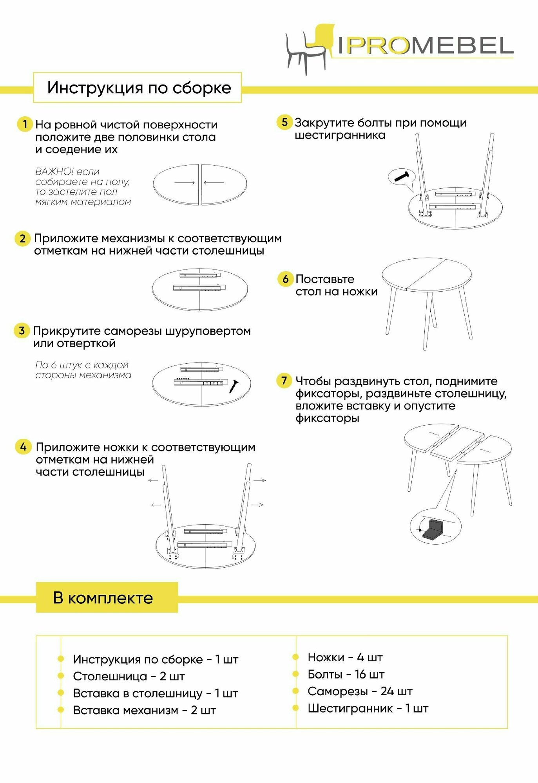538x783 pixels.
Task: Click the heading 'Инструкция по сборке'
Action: click(139, 88)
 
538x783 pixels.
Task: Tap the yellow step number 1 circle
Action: click(25, 124)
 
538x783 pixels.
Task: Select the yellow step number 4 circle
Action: click(23, 447)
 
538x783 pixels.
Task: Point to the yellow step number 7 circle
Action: click(284, 381)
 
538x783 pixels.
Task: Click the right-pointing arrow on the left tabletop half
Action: click(185, 183)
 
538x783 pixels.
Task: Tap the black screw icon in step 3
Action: click(234, 386)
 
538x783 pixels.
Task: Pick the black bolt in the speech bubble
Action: click(402, 176)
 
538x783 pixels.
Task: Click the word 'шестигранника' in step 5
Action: click(340, 136)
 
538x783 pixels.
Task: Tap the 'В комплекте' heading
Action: click(103, 598)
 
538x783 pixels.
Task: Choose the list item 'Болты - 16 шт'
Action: click(346, 674)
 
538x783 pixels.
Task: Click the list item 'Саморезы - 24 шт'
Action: click(360, 691)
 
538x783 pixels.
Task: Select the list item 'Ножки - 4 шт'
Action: click(345, 657)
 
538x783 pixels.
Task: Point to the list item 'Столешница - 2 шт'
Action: click(129, 676)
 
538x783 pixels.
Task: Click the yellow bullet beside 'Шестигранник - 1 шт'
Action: click(296, 708)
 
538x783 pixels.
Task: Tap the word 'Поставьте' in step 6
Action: click(325, 280)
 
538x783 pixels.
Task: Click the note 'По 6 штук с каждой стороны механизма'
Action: click(83, 370)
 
